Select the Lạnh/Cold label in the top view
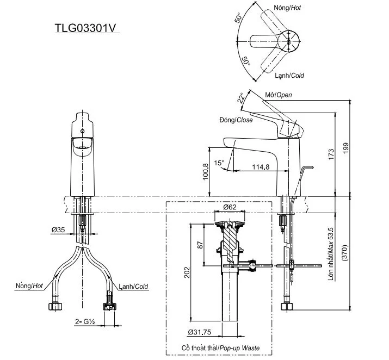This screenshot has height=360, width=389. pyautogui.click(x=289, y=75)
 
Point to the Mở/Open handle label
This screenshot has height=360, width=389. pyautogui.click(x=278, y=95)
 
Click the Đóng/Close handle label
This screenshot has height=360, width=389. pyautogui.click(x=236, y=120)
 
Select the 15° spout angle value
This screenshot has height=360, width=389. pyautogui.click(x=219, y=163)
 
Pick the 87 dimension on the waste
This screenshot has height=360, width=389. pyautogui.click(x=200, y=245)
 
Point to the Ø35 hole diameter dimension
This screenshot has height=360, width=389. pyautogui.click(x=58, y=230)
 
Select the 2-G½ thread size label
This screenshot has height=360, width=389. pyautogui.click(x=85, y=322)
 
